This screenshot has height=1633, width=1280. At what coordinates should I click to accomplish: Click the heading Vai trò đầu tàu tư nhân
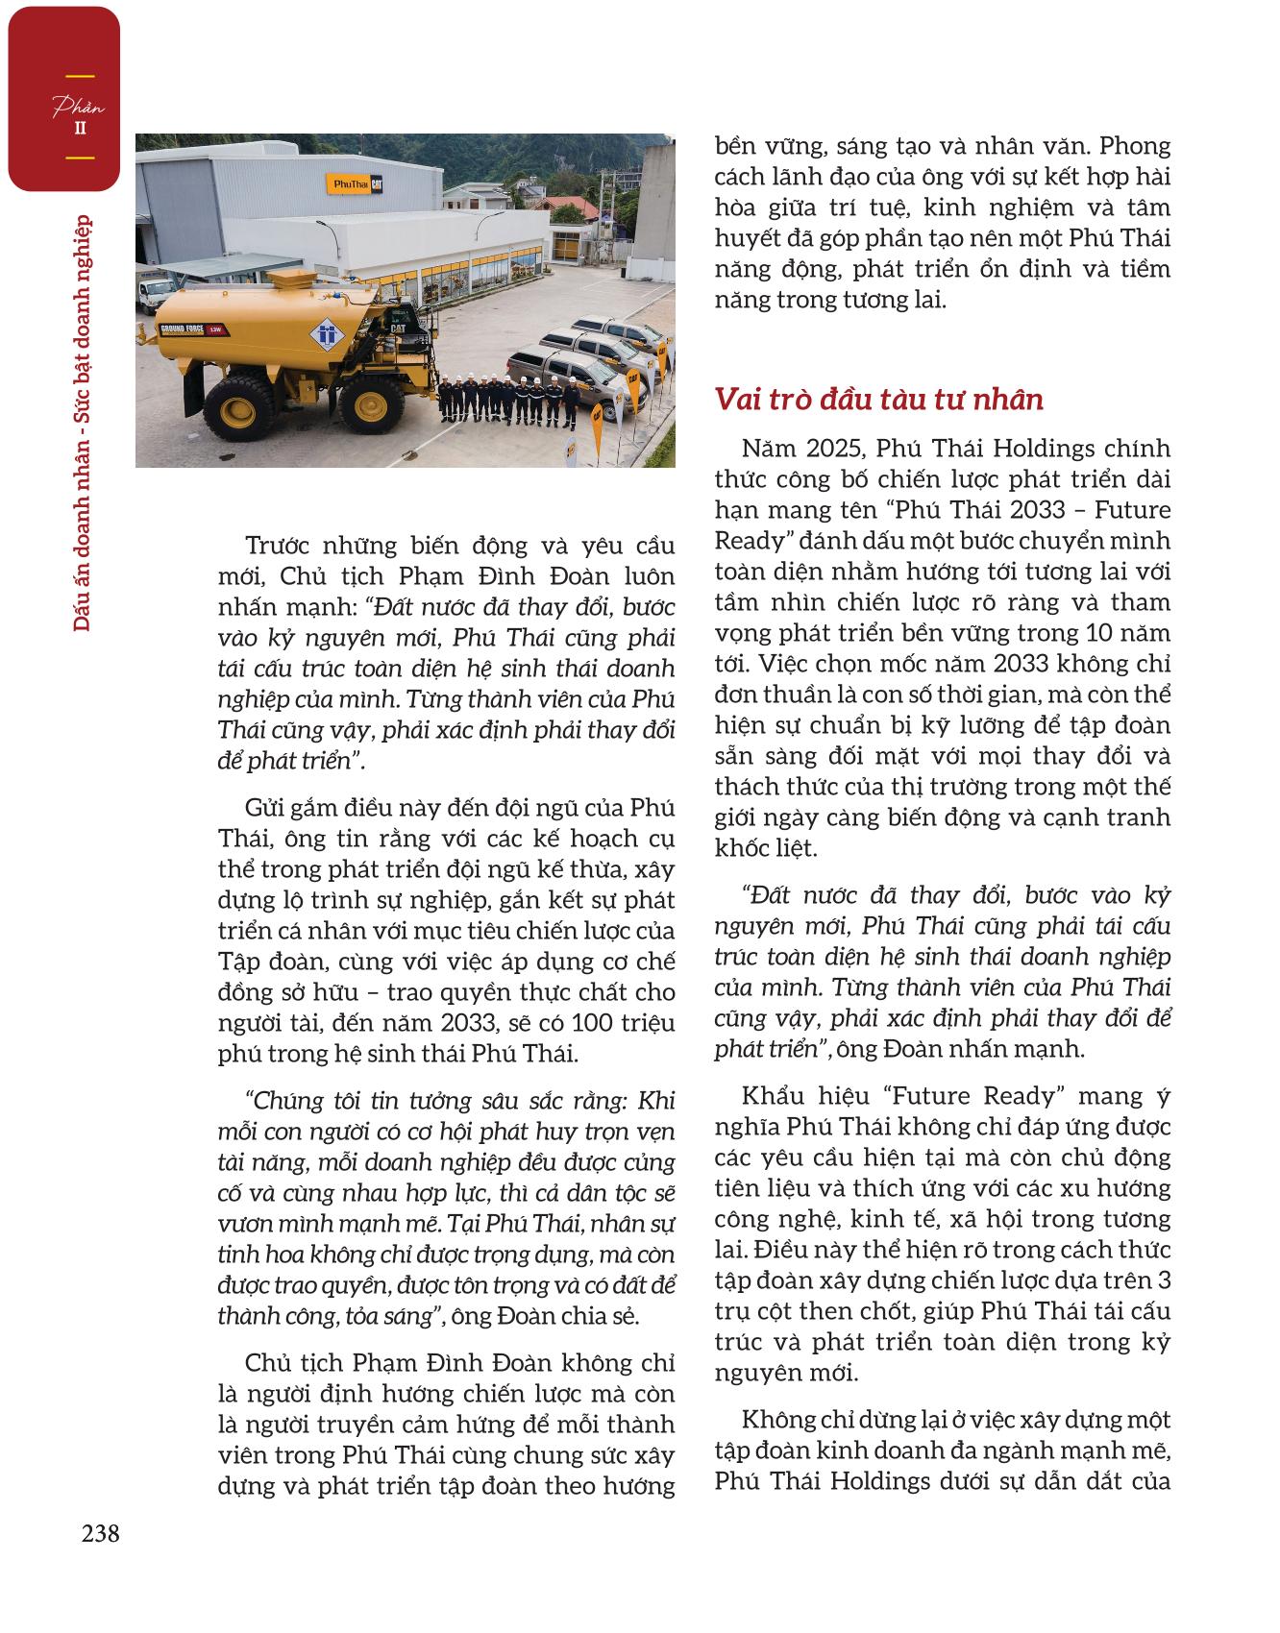878,399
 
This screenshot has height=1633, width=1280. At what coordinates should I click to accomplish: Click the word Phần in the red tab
78,107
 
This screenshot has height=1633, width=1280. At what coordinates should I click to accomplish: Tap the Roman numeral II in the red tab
79,129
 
